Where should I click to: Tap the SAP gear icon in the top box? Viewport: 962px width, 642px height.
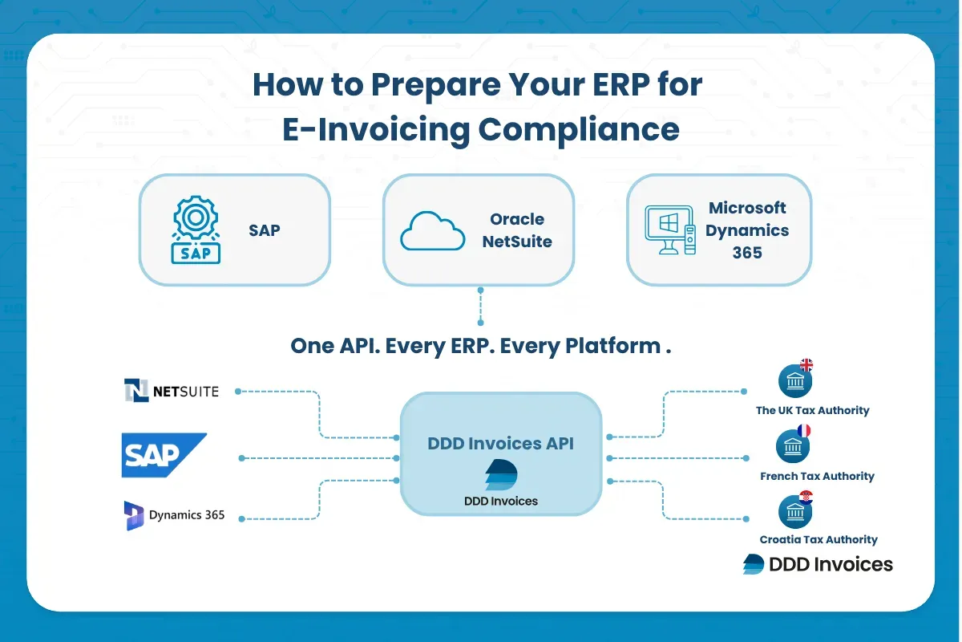pyautogui.click(x=196, y=230)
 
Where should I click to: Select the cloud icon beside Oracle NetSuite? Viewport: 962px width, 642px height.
pyautogui.click(x=432, y=230)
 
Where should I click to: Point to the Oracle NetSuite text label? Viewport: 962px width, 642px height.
pyautogui.click(x=517, y=230)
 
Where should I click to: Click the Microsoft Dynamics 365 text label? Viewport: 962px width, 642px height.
pyautogui.click(x=747, y=230)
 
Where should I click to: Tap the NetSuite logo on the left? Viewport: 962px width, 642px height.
pyautogui.click(x=172, y=391)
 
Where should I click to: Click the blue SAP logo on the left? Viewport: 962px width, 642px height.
pyautogui.click(x=164, y=455)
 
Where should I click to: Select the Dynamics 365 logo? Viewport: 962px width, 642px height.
pyautogui.click(x=175, y=515)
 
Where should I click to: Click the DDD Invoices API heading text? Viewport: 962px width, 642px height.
pyautogui.click(x=500, y=443)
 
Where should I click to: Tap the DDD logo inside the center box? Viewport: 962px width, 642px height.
pyautogui.click(x=501, y=475)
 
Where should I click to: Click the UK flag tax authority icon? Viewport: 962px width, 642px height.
pyautogui.click(x=794, y=381)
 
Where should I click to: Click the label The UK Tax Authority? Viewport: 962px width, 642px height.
pyautogui.click(x=812, y=410)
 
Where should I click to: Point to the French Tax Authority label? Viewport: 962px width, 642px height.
pyautogui.click(x=817, y=476)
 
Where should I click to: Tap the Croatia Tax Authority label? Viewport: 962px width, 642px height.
pyautogui.click(x=819, y=539)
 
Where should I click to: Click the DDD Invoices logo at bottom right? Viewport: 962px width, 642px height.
pyautogui.click(x=818, y=564)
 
